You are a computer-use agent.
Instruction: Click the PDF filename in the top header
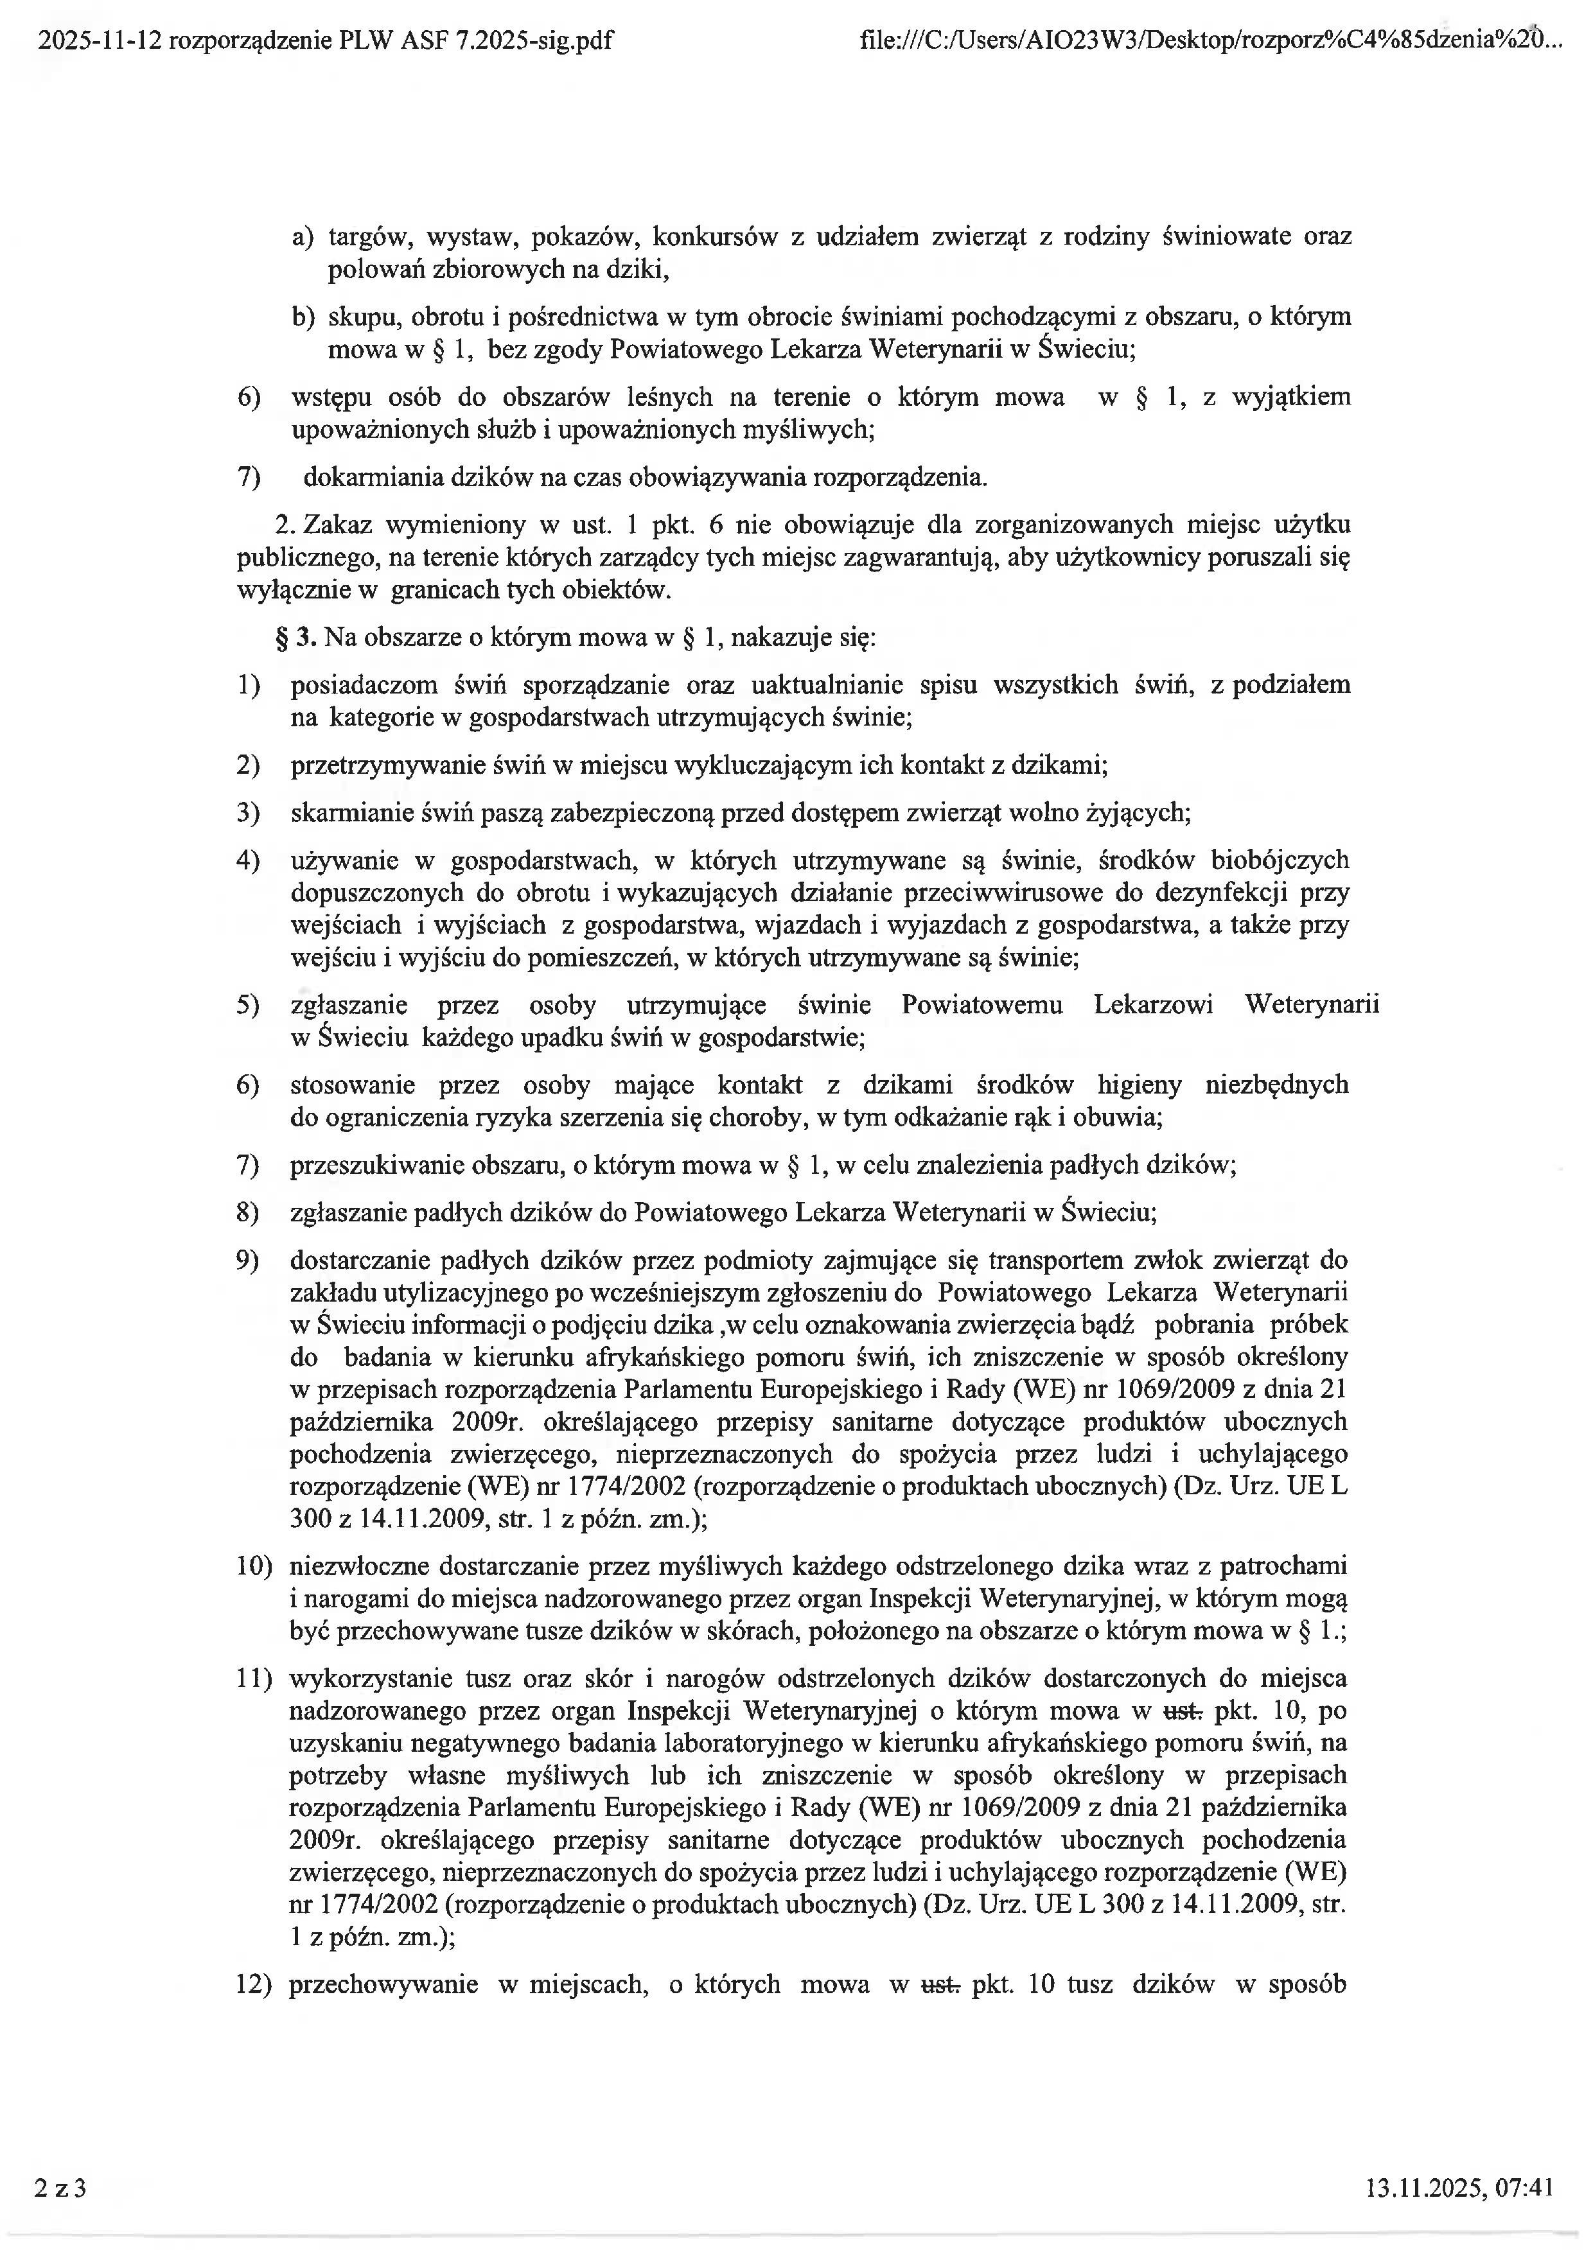pyautogui.click(x=324, y=40)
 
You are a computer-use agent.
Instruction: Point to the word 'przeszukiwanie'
pyautogui.click(x=378, y=1165)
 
